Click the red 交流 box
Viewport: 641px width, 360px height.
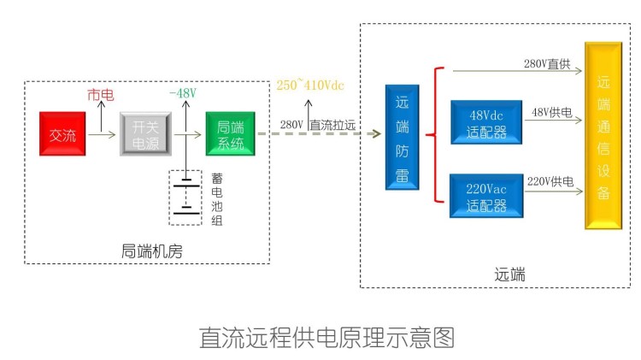pos(63,134)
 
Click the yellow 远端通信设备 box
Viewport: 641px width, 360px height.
pos(603,135)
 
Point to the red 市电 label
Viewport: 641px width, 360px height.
pos(100,92)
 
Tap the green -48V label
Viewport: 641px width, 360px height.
pos(183,92)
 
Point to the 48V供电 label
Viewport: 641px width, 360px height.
pos(552,112)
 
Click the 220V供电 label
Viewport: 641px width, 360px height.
pos(550,181)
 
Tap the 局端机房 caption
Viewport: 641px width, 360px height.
pos(151,251)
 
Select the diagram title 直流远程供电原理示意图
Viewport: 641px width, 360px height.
pos(326,337)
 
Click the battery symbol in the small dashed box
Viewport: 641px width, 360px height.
pos(185,197)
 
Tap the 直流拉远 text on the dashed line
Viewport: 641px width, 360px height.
pos(332,125)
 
